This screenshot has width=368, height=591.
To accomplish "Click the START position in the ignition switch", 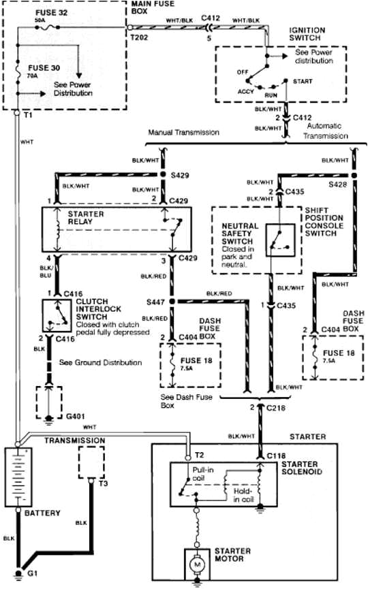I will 304,80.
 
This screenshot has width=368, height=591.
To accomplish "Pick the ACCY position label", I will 246,91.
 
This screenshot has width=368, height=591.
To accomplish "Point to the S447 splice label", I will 155,300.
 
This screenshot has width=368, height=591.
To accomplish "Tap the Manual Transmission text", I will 183,133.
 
